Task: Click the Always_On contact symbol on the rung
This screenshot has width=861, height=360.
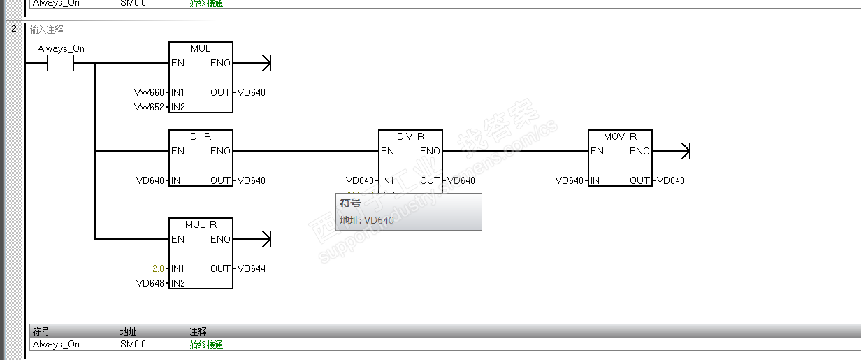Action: tap(60, 64)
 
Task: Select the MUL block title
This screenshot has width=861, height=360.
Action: tap(201, 48)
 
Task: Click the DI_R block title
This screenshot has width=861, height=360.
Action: tap(201, 136)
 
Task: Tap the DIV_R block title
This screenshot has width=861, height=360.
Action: tap(410, 136)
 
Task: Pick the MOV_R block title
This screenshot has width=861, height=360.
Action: tap(620, 136)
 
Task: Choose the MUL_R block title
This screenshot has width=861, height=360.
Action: tap(201, 224)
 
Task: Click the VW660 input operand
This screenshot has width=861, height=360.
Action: tap(149, 92)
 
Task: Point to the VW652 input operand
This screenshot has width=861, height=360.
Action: tap(149, 107)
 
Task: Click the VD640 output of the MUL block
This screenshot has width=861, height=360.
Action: tap(252, 92)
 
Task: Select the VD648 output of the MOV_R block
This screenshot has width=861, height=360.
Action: tap(671, 180)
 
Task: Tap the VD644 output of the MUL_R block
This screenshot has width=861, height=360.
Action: tap(252, 268)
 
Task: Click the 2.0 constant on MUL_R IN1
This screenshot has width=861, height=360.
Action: tap(158, 268)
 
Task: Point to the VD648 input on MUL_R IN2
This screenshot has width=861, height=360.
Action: tap(150, 283)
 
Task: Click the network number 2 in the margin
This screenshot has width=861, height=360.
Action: tap(13, 29)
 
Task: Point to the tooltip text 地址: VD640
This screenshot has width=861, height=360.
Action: tap(367, 220)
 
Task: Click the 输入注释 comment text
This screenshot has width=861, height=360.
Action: tap(47, 29)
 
